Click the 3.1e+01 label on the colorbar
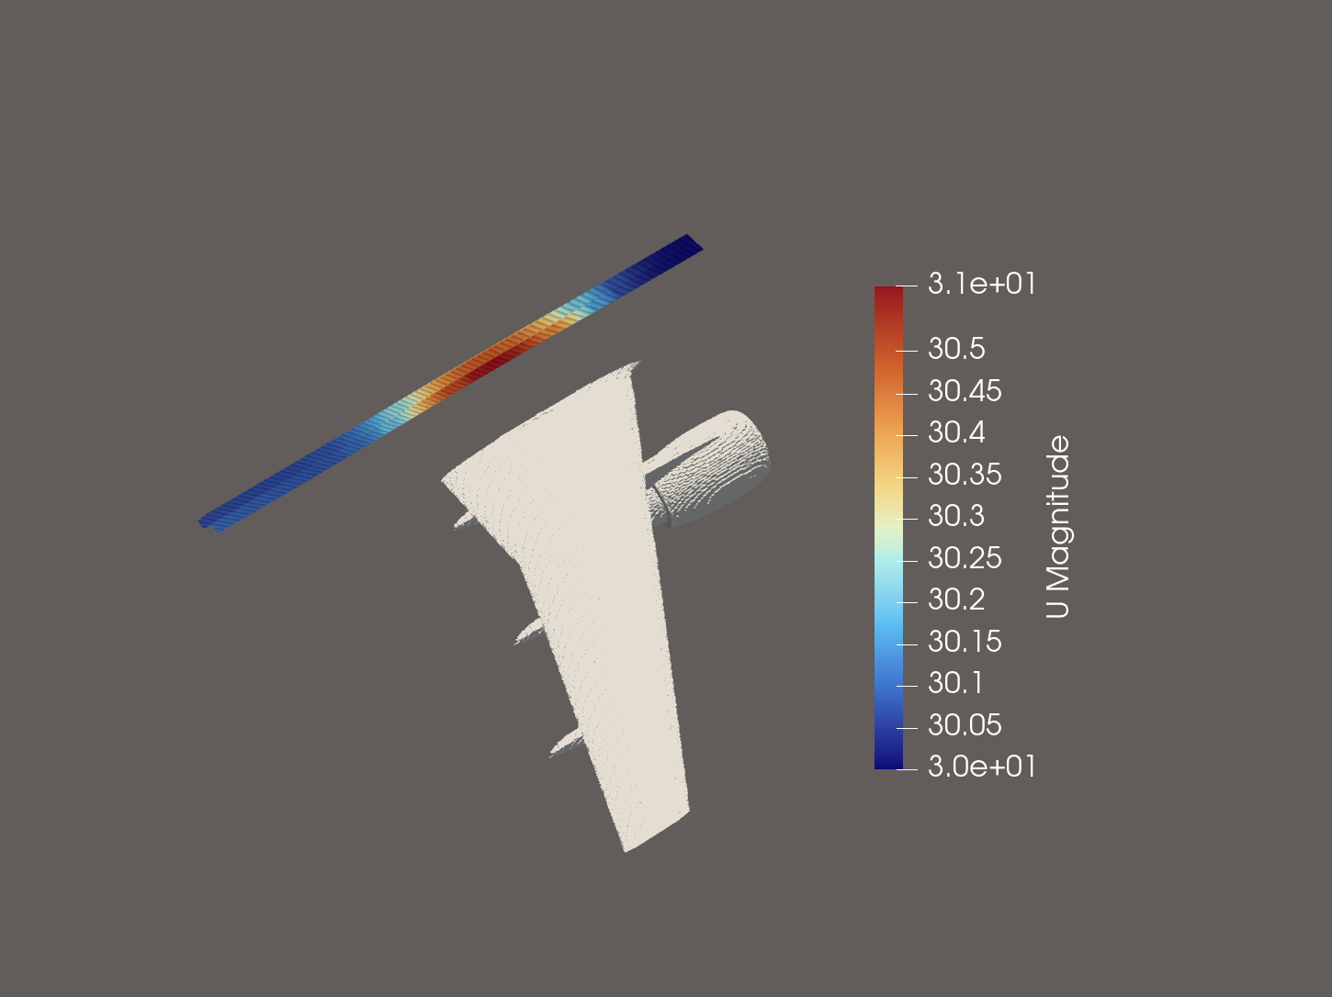click(x=981, y=285)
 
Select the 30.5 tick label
click(x=955, y=350)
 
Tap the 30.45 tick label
click(x=964, y=392)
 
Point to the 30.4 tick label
click(x=955, y=433)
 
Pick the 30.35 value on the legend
click(x=964, y=476)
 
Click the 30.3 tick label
click(x=955, y=517)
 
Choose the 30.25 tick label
click(x=964, y=559)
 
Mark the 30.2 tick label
click(x=955, y=600)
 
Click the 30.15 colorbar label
click(x=964, y=643)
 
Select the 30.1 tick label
click(x=955, y=684)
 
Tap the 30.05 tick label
click(x=964, y=726)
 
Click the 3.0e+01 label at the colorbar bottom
click(x=981, y=767)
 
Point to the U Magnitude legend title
click(x=1058, y=527)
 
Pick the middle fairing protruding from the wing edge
click(x=531, y=631)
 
